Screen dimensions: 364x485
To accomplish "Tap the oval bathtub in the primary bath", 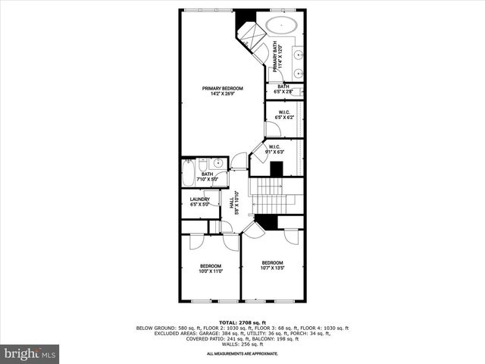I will pyautogui.click(x=281, y=24).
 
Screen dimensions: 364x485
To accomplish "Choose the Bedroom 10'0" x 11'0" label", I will pyautogui.click(x=210, y=268).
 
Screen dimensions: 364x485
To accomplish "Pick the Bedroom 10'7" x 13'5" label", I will pyautogui.click(x=272, y=265).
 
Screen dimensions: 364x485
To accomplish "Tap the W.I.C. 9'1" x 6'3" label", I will pyautogui.click(x=274, y=149).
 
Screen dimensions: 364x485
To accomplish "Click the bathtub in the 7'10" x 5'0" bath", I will pyautogui.click(x=187, y=173).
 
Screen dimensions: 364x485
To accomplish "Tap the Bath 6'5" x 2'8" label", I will pyautogui.click(x=283, y=89).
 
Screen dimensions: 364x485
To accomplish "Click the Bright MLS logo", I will pyautogui.click(x=30, y=353).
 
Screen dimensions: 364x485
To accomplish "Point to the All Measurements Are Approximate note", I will pyautogui.click(x=242, y=354).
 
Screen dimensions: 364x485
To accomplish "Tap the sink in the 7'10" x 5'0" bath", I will pyautogui.click(x=217, y=163).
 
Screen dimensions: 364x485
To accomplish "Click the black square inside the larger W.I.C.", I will pyautogui.click(x=277, y=169).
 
